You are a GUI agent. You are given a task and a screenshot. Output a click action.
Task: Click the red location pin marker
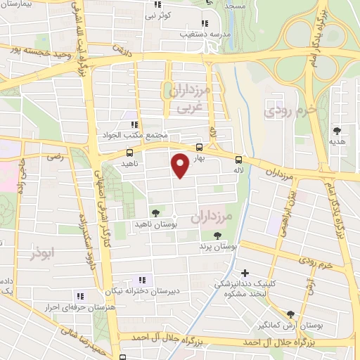180,165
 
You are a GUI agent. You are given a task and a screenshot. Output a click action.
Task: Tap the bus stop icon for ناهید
130,152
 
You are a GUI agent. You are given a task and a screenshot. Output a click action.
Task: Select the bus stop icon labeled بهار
200,148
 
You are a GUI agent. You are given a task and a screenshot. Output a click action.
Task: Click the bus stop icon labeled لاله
238,159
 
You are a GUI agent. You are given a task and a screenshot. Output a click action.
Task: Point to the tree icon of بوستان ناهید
155,213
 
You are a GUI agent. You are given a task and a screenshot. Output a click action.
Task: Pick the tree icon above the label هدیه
337,130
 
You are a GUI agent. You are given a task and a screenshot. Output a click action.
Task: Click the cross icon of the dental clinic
245,273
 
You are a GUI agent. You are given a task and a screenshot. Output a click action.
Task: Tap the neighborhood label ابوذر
42,252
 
